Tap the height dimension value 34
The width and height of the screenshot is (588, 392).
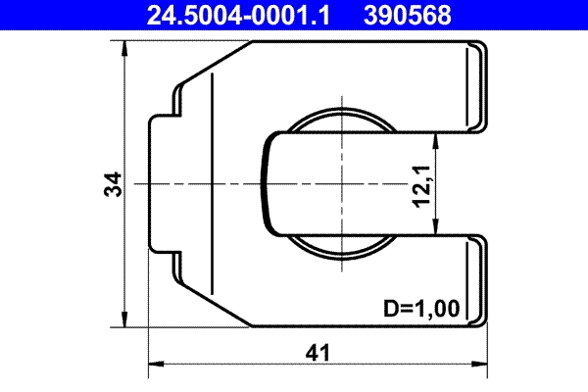pos(113,184)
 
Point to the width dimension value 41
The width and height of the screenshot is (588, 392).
pos(317,351)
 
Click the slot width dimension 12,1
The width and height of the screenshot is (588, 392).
pos(421,184)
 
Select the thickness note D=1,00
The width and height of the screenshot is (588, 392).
pos(420,310)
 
